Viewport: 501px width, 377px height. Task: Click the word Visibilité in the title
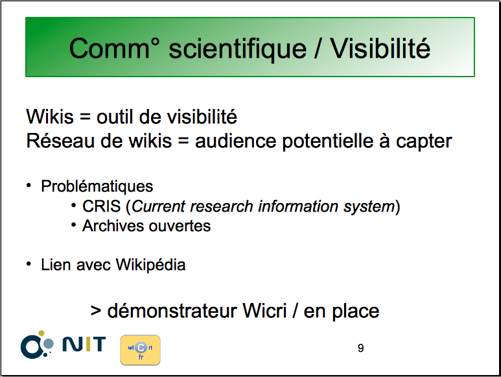pos(380,48)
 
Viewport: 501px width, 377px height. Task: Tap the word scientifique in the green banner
pos(237,49)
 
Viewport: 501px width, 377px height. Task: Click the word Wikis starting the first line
pos(50,116)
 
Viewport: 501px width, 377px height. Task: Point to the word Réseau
pos(60,141)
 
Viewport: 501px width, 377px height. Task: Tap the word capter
pos(424,142)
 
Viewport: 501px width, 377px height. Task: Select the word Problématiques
pos(97,186)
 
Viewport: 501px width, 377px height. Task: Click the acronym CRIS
pos(102,206)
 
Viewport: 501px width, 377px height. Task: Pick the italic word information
pos(298,206)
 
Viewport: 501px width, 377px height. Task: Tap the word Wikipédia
pos(150,265)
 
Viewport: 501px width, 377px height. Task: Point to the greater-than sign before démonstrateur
pos(96,311)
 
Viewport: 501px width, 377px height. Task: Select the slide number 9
pos(361,348)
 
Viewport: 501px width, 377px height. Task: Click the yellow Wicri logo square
pos(140,350)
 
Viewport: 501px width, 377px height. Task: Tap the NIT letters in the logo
pos(84,344)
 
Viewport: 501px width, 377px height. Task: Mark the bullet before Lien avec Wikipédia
pos(29,264)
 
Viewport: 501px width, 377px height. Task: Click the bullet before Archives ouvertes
pos(73,225)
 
